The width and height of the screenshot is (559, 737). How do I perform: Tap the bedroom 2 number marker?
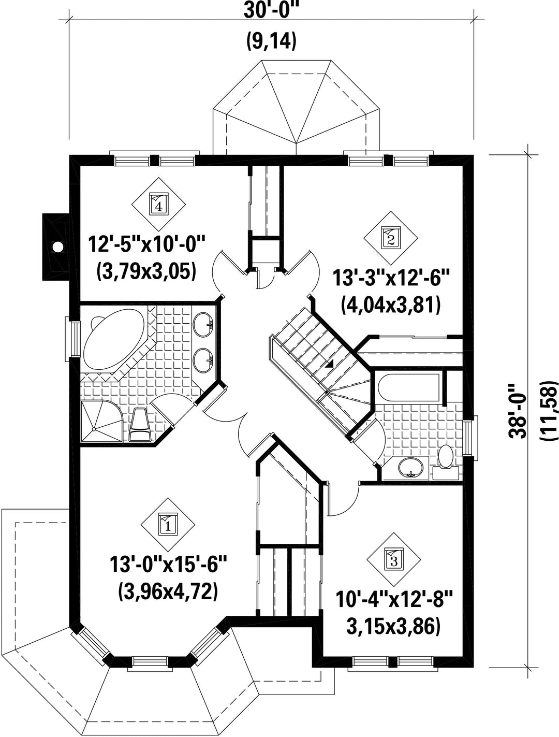click(391, 238)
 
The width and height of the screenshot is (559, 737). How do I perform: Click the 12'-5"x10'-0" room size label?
click(146, 245)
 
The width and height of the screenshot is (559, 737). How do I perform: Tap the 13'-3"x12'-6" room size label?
click(391, 278)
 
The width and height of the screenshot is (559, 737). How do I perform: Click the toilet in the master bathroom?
click(140, 425)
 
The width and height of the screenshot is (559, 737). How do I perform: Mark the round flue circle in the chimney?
click(58, 247)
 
